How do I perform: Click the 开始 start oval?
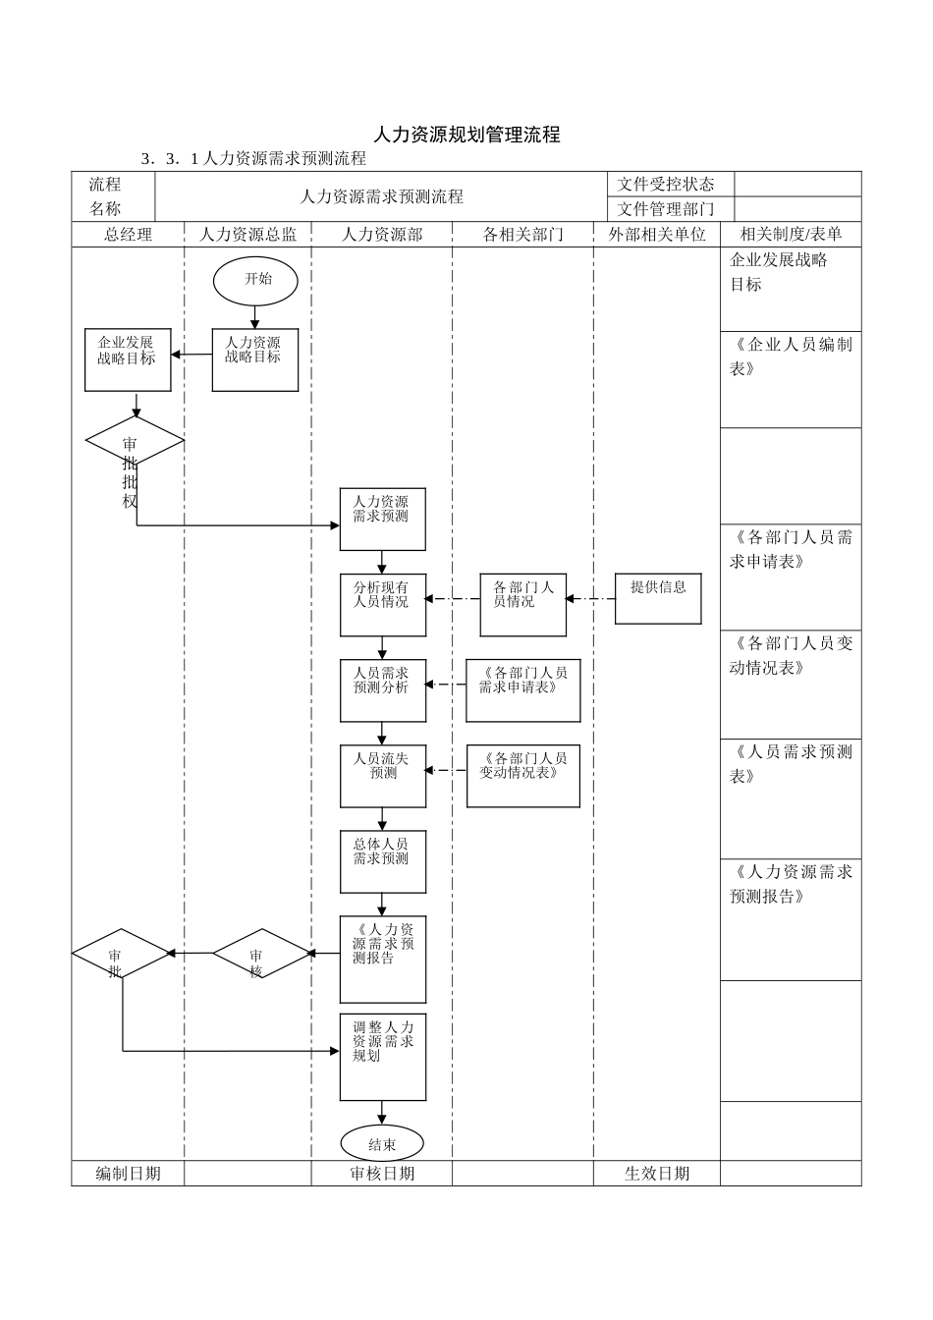[x=255, y=280]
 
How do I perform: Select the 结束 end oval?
[x=382, y=1143]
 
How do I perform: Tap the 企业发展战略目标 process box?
[x=128, y=359]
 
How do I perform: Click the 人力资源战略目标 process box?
[x=255, y=359]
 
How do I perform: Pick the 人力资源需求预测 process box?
[x=382, y=519]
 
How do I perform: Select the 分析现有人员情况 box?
[x=382, y=605]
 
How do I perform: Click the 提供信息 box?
[x=658, y=598]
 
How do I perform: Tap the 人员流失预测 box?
[x=382, y=776]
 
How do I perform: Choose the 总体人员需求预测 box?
[x=382, y=861]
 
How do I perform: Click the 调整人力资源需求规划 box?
[x=382, y=1057]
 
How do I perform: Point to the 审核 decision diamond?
[x=261, y=954]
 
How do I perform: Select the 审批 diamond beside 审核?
[x=120, y=954]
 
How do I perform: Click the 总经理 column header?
[x=128, y=235]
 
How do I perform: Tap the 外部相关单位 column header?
[x=657, y=235]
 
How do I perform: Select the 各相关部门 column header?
[x=522, y=235]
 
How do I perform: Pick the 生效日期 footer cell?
[x=657, y=1174]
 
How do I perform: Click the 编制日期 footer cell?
[x=128, y=1174]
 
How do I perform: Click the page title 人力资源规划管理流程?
[x=466, y=135]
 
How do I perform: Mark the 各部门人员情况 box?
[x=522, y=605]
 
